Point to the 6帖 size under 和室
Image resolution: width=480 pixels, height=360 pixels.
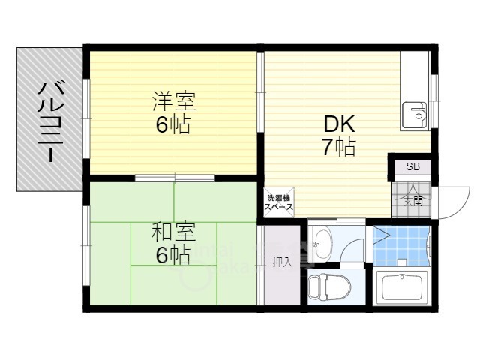[172, 255]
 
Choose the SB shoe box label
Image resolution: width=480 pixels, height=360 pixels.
[413, 166]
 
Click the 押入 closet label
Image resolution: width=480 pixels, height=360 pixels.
[282, 262]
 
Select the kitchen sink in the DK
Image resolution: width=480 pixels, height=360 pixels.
[414, 114]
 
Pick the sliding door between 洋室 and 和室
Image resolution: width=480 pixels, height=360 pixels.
[175, 178]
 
